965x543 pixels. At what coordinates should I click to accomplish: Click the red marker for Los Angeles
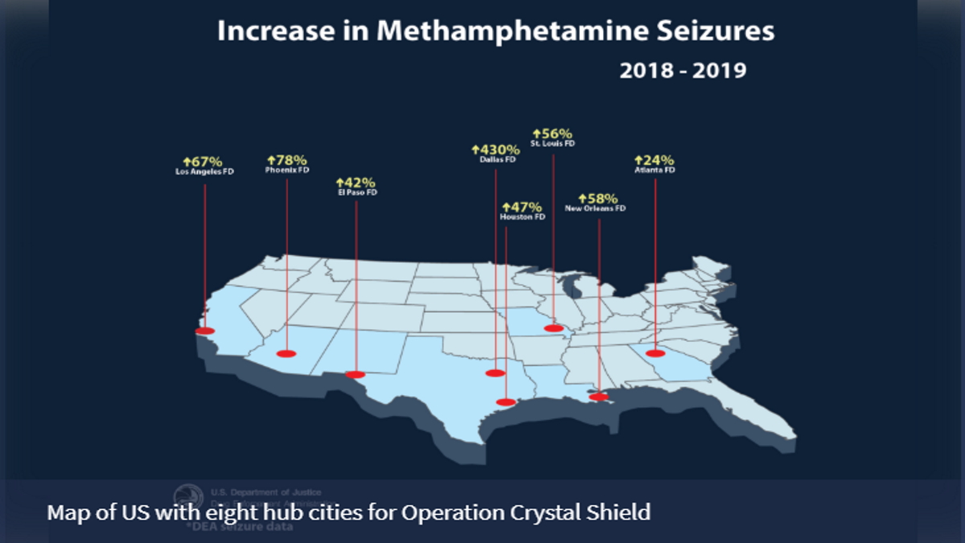click(x=205, y=331)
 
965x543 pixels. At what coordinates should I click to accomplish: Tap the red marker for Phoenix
click(x=286, y=353)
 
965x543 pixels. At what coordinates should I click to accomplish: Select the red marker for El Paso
click(x=355, y=374)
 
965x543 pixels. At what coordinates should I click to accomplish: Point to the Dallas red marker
click(x=495, y=372)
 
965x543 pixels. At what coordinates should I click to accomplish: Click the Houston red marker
click(x=506, y=401)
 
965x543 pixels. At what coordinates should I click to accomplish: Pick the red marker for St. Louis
click(x=553, y=328)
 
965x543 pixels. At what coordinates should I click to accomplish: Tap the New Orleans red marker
click(x=599, y=397)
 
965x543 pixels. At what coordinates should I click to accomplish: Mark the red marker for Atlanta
click(x=655, y=353)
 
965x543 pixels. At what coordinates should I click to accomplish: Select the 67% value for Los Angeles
click(x=204, y=161)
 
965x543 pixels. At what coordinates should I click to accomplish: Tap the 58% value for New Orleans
click(x=600, y=198)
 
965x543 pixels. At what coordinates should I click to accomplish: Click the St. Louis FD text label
click(x=552, y=143)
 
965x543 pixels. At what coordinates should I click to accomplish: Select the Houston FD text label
click(x=523, y=217)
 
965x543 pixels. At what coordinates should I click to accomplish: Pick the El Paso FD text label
click(x=356, y=193)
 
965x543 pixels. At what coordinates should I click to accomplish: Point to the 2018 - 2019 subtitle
click(x=683, y=71)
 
